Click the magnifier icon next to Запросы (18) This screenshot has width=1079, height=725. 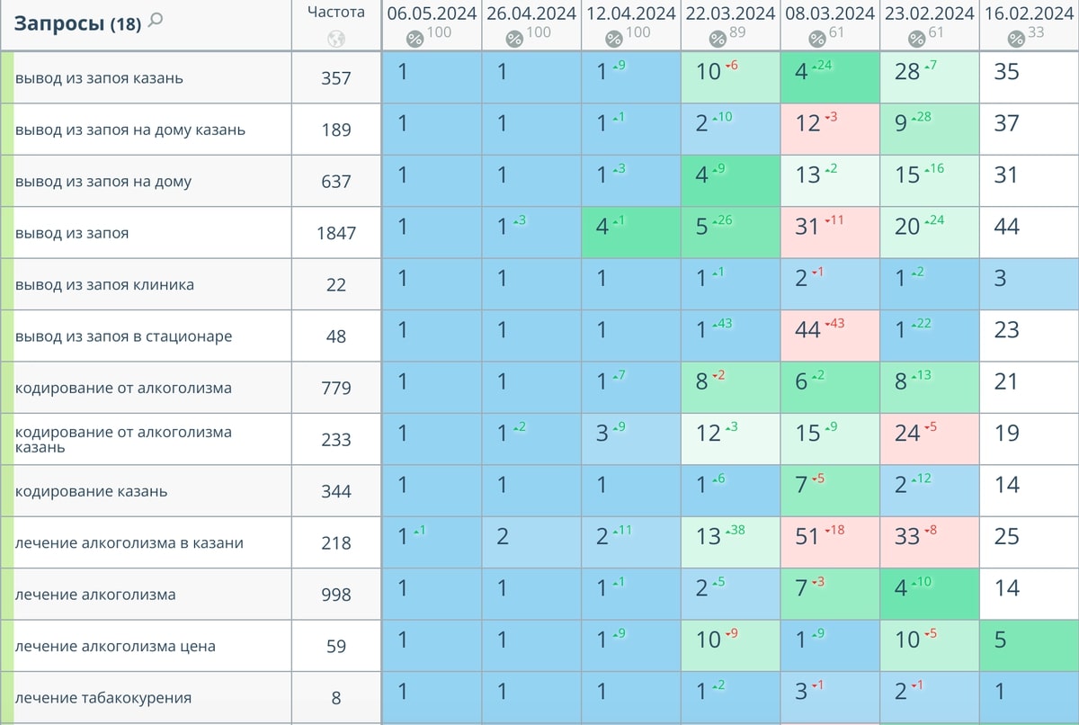point(156,21)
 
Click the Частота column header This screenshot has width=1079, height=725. point(336,12)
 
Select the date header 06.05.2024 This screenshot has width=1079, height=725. point(432,13)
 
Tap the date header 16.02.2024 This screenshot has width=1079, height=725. point(1029,13)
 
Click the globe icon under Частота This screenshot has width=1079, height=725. point(336,39)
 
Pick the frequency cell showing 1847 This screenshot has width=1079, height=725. point(336,233)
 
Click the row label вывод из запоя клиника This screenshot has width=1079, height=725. point(104,285)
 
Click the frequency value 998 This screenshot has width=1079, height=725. point(336,595)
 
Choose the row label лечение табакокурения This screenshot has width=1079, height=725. point(103,698)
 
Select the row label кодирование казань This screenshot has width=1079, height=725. point(91,491)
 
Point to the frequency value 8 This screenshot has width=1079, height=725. point(336,698)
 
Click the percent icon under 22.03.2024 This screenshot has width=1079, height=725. point(718,39)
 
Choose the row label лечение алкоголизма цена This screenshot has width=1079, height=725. point(115,647)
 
